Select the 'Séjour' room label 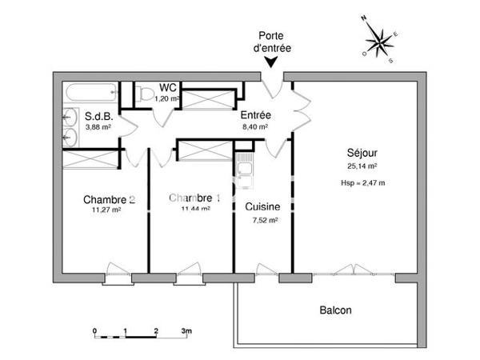coord(362,153)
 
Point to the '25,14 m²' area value coord(362,167)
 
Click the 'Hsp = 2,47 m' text coord(362,184)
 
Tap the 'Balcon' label coord(335,310)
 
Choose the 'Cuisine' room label coord(262,206)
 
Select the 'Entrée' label coord(256,115)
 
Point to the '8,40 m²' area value coord(255,126)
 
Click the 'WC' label coord(168,87)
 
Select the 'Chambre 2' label coord(109,199)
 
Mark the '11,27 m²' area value coord(106,210)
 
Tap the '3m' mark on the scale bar coord(187,330)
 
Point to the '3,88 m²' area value coord(98,126)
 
